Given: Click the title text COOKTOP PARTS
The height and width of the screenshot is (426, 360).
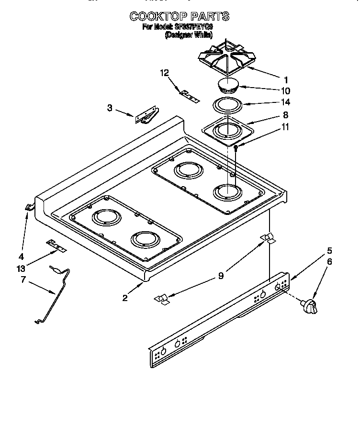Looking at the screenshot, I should (180, 17).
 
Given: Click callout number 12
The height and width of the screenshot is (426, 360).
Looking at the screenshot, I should (164, 73).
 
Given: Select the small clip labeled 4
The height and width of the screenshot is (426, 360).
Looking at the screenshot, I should (29, 207).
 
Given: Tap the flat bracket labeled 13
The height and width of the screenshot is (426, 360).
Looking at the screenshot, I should (56, 247).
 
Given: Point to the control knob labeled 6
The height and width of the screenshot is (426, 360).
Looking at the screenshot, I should (310, 306).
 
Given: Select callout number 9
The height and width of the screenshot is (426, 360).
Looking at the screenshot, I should (220, 276).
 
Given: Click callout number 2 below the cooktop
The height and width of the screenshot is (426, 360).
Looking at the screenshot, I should (125, 298).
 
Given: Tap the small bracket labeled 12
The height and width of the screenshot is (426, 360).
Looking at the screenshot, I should (189, 94).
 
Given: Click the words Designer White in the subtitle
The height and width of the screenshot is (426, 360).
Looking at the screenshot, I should (189, 35).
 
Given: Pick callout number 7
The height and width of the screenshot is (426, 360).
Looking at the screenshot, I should (22, 279).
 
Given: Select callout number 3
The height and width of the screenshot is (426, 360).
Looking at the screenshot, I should (110, 108).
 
